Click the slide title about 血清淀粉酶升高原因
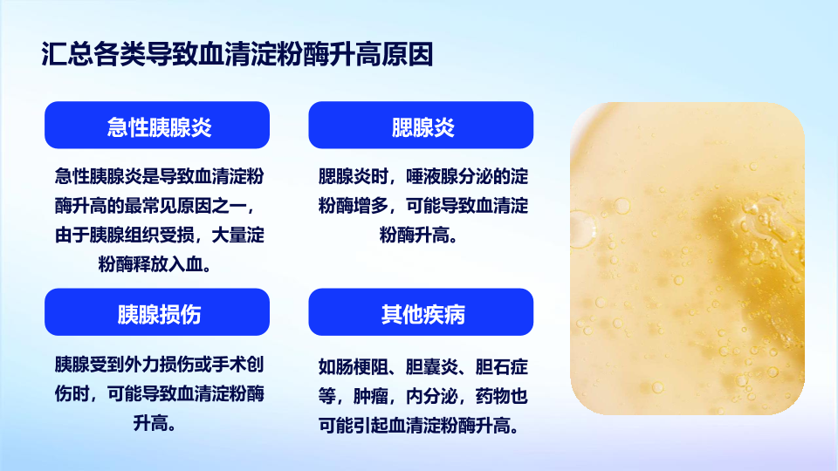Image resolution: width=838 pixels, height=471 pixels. (237, 54)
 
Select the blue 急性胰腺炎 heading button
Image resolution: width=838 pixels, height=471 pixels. (157, 125)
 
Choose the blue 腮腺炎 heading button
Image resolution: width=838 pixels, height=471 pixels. (421, 125)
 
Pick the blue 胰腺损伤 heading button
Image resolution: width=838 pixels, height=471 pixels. (157, 312)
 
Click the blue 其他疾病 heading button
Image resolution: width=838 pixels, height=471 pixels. (421, 312)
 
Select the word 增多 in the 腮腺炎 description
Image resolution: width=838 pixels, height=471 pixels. (370, 206)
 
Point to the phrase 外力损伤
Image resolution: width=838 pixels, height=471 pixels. (159, 365)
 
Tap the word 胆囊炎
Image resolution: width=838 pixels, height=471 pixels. (432, 367)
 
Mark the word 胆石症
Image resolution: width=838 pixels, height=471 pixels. (502, 367)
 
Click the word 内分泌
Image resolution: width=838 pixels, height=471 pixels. (432, 396)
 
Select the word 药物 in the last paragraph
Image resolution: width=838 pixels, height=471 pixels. (493, 396)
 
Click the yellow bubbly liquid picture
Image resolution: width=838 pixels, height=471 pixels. (687, 258)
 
